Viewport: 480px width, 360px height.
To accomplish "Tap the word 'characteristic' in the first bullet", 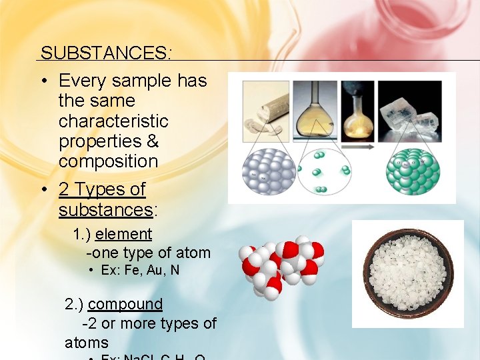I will [x=113, y=121].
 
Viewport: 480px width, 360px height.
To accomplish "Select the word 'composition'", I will [x=108, y=161].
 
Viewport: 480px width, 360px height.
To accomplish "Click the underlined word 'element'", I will [x=123, y=235].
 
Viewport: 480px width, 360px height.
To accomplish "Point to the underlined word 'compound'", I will [x=125, y=304].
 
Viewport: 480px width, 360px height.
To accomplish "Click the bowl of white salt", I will [x=407, y=273].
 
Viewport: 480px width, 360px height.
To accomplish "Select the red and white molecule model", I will [x=281, y=267].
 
